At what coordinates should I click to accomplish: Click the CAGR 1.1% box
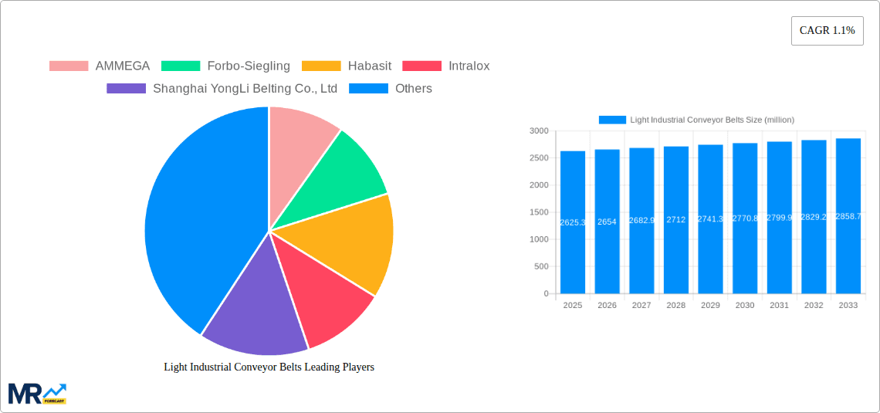pos(827,31)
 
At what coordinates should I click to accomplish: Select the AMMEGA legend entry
pos(100,66)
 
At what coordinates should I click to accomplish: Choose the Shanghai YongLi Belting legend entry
pos(222,89)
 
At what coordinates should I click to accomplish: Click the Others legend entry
pos(391,89)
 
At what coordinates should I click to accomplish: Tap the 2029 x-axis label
pos(710,306)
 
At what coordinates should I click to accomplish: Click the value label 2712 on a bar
pos(675,220)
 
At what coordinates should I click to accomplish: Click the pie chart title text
pos(269,367)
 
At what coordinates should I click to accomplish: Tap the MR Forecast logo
pos(37,394)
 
